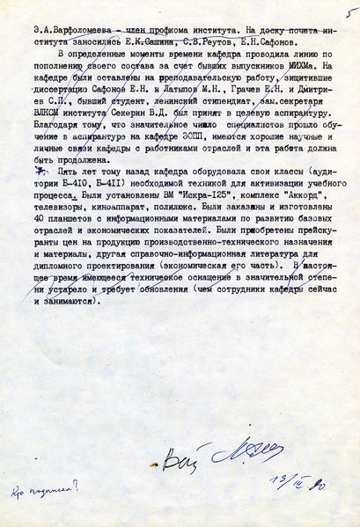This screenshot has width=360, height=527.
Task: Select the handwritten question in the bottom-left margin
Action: (41, 485)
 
